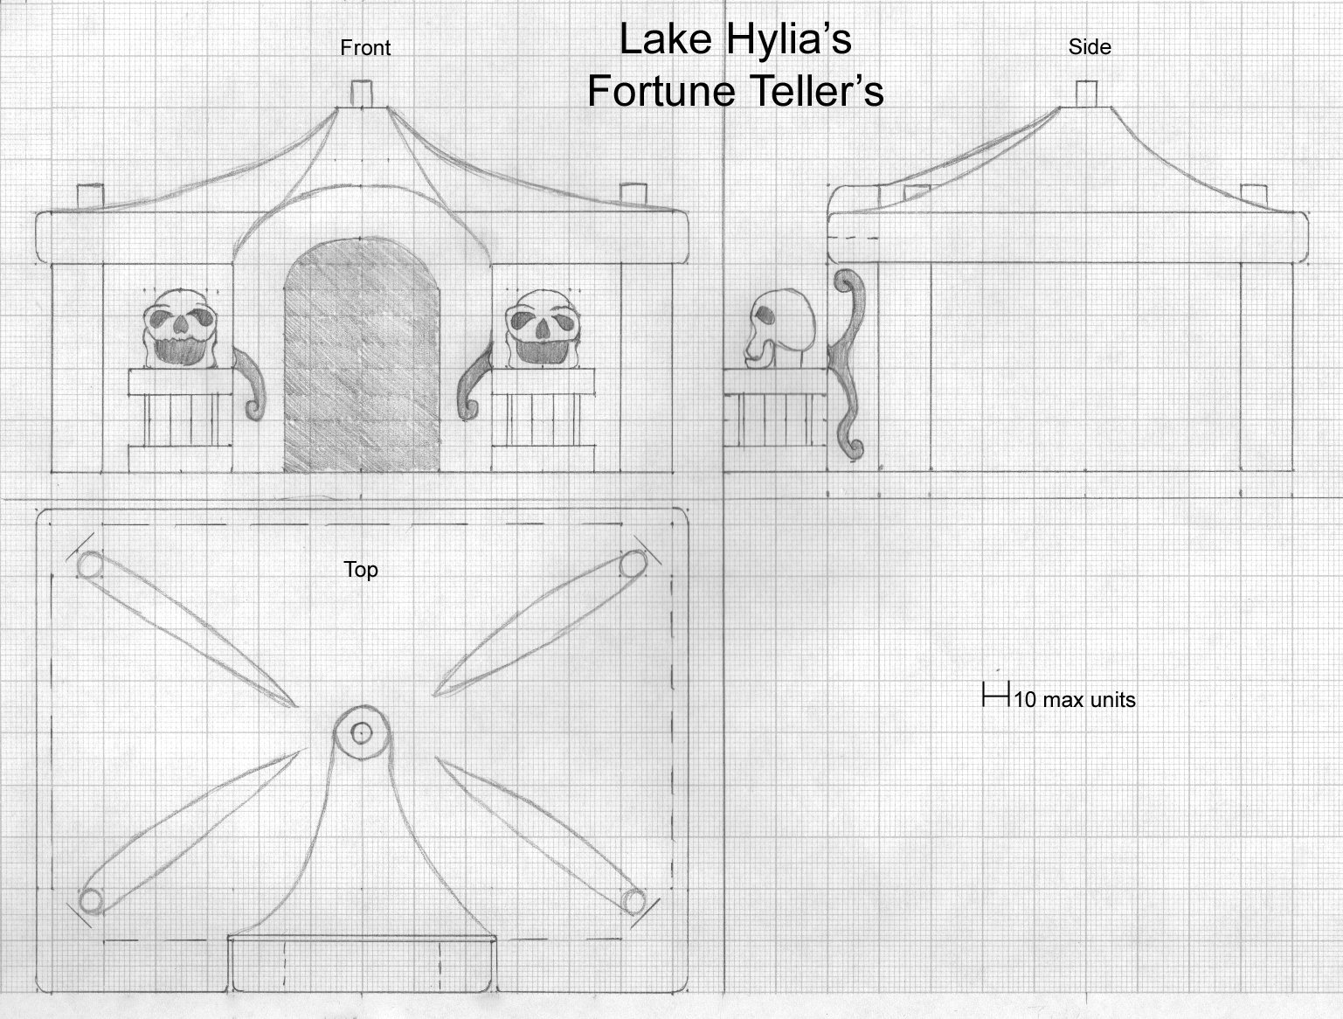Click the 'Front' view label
(365, 48)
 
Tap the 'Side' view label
(1090, 47)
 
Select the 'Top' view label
(361, 569)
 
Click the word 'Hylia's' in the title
(789, 39)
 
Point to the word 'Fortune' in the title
(661, 91)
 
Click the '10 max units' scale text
(1075, 699)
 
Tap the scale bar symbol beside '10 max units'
(996, 695)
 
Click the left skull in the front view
(181, 329)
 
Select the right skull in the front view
(543, 329)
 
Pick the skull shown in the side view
(780, 329)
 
